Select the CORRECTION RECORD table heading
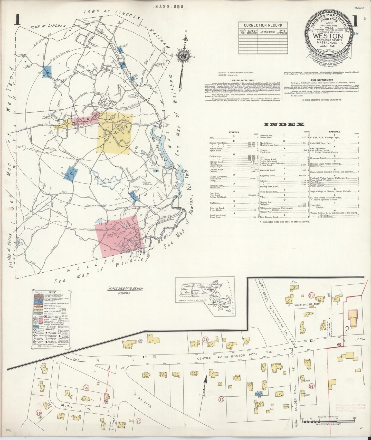coord(263,25)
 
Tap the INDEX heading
coord(284,125)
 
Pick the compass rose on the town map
coord(184,55)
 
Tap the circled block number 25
coord(311,295)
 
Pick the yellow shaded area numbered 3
coord(115,133)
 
